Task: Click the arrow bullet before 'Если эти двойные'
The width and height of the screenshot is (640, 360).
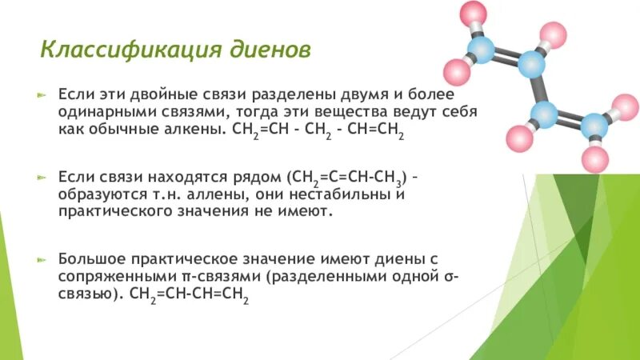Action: (44, 94)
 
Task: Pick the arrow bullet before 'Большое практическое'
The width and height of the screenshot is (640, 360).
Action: (44, 261)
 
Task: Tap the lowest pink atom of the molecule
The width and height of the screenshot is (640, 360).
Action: (594, 155)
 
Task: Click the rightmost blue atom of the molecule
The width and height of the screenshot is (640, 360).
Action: (594, 125)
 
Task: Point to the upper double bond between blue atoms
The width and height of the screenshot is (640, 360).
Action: (506, 57)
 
